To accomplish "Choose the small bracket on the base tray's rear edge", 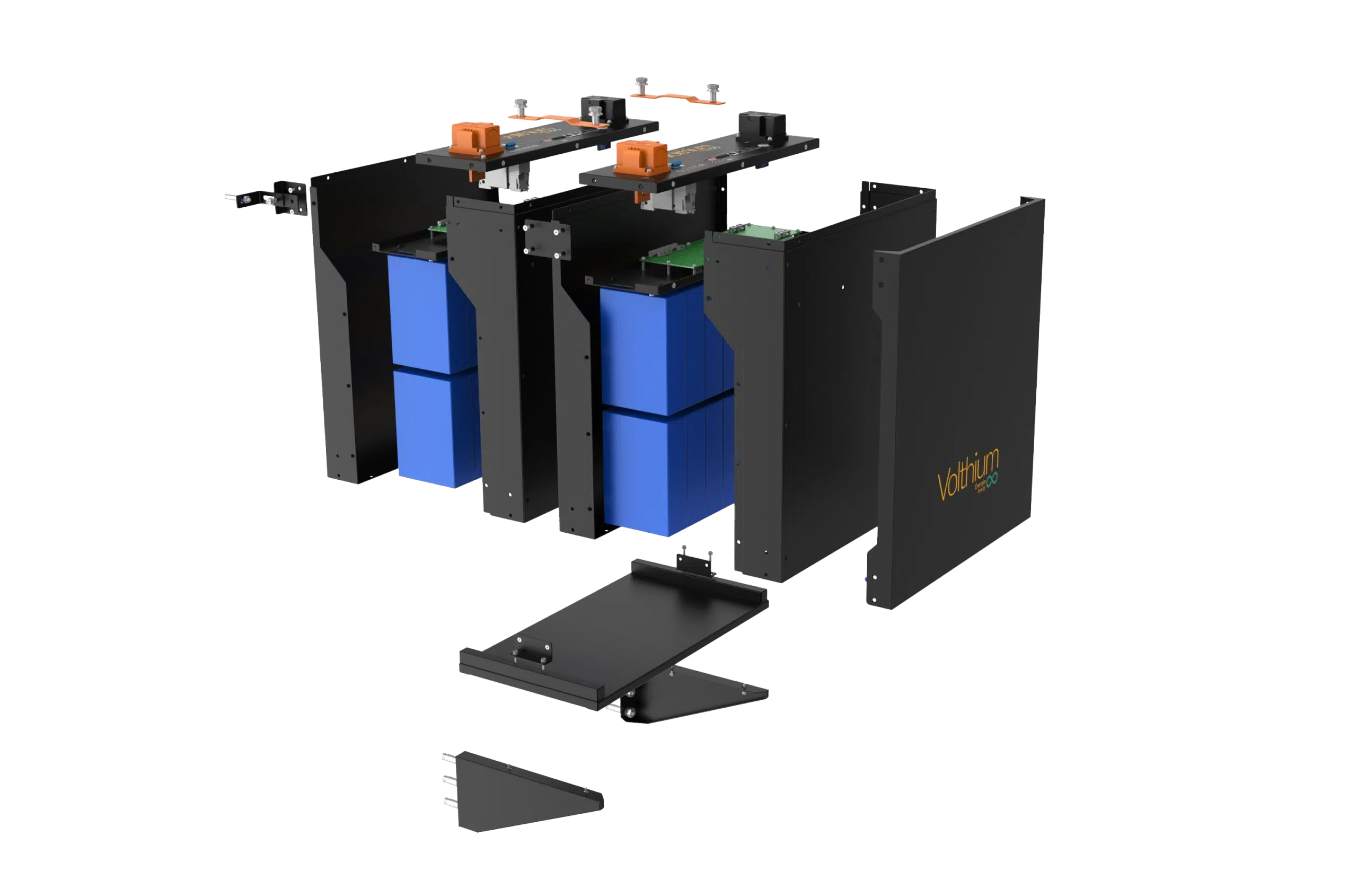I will (x=693, y=562).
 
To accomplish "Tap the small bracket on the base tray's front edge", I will (x=533, y=652).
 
